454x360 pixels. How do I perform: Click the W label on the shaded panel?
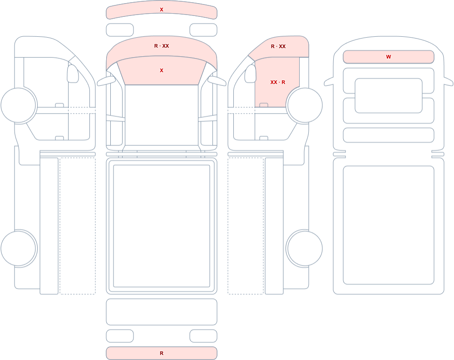point(388,57)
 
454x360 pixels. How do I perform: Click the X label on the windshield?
point(162,70)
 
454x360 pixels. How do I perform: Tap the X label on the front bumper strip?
point(162,10)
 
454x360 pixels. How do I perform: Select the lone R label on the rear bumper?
point(162,353)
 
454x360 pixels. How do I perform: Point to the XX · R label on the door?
point(278,82)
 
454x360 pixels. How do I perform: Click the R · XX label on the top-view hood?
point(162,46)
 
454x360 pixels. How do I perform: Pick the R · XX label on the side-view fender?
point(278,46)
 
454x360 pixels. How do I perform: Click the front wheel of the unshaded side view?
point(19,105)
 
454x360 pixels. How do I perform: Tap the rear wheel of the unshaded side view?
point(19,248)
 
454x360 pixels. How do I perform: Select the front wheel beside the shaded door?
point(304,105)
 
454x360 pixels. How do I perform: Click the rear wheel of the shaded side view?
point(304,248)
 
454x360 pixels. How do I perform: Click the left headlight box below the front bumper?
point(120,30)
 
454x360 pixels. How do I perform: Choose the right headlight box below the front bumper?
point(203,30)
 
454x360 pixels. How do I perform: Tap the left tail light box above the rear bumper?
point(120,336)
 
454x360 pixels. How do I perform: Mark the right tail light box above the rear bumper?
point(203,336)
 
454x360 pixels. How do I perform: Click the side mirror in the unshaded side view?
point(73,74)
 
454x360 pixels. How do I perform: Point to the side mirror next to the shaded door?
point(251,74)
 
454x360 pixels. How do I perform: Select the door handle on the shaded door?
point(264,105)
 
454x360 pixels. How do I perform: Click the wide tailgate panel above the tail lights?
point(162,312)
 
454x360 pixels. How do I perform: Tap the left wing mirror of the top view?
point(106,81)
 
